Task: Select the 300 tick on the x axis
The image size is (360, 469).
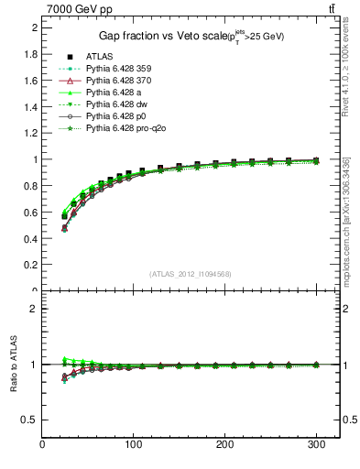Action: click(x=315, y=445)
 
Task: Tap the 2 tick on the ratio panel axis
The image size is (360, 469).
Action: click(x=34, y=309)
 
